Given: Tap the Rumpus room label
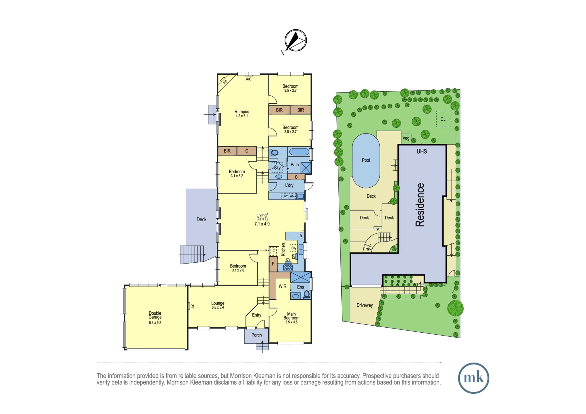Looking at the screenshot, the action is click(242, 112).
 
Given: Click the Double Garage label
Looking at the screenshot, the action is click(155, 315).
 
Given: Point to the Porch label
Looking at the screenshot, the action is click(256, 335).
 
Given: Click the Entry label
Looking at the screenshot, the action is click(256, 315).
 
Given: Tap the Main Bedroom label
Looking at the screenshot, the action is click(291, 316).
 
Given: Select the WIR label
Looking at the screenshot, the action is click(282, 286).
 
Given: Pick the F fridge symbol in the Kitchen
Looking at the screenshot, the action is click(274, 251).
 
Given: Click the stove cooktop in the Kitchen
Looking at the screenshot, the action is click(288, 267).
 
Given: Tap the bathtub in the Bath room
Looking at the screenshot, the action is click(299, 152).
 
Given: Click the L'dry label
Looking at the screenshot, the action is click(289, 185).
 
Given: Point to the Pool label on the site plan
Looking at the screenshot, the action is click(366, 160).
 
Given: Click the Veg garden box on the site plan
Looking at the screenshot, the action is click(406, 138).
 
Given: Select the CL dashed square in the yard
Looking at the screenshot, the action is click(443, 119).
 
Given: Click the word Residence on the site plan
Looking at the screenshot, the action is click(420, 205).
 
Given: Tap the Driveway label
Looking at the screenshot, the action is click(364, 305).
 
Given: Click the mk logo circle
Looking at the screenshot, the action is click(473, 378).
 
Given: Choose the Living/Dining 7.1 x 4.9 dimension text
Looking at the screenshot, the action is click(262, 224).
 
